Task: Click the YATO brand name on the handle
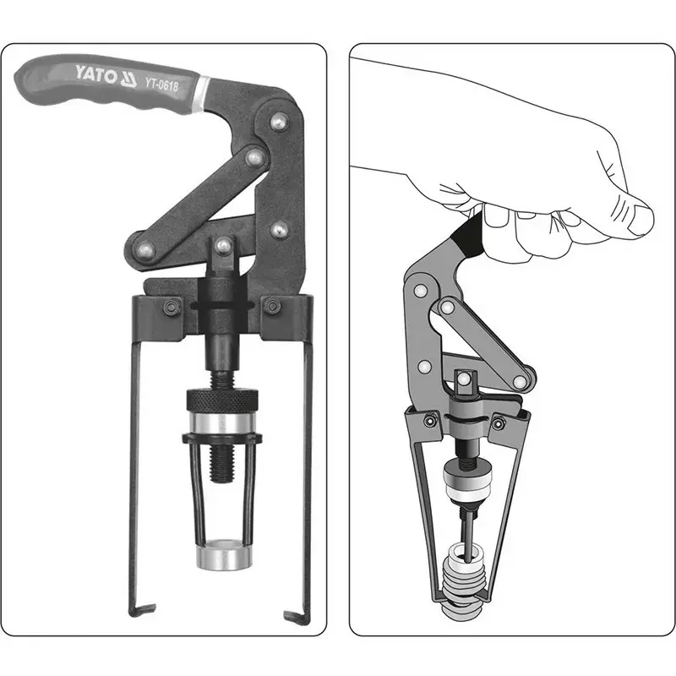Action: (95, 75)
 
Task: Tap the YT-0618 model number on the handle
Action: (161, 84)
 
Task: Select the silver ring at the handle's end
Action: (202, 94)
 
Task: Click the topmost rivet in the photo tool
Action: (279, 121)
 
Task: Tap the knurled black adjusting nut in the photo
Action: (222, 400)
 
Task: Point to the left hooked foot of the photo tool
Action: (142, 609)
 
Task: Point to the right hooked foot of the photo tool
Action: (297, 617)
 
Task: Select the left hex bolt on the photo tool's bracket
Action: (172, 307)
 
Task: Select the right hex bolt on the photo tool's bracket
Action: (272, 306)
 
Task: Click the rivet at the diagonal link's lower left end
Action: (144, 250)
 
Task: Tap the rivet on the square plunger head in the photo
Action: (223, 246)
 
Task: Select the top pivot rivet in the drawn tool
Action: (421, 291)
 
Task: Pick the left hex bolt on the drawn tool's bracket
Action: (428, 420)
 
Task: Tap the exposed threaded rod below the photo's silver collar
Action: (222, 463)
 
